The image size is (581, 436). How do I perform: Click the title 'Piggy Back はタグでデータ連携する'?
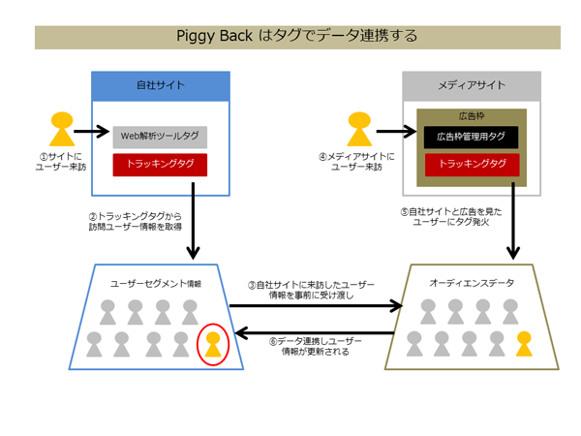[x=297, y=37]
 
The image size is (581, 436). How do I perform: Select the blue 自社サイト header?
[x=161, y=86]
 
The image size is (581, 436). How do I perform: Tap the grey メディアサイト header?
[x=472, y=86]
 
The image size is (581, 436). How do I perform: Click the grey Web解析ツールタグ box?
[x=160, y=137]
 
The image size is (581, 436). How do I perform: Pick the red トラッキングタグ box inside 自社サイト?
[x=160, y=164]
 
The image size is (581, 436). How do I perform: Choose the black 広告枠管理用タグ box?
[x=472, y=137]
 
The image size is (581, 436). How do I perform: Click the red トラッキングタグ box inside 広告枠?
[x=472, y=164]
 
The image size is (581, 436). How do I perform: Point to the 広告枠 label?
[x=472, y=115]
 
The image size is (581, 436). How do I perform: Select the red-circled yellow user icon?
[x=212, y=343]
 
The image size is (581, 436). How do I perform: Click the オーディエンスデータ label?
[x=472, y=283]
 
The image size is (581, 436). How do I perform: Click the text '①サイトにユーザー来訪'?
[x=61, y=161]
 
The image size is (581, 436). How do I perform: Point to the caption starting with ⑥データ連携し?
[x=315, y=347]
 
